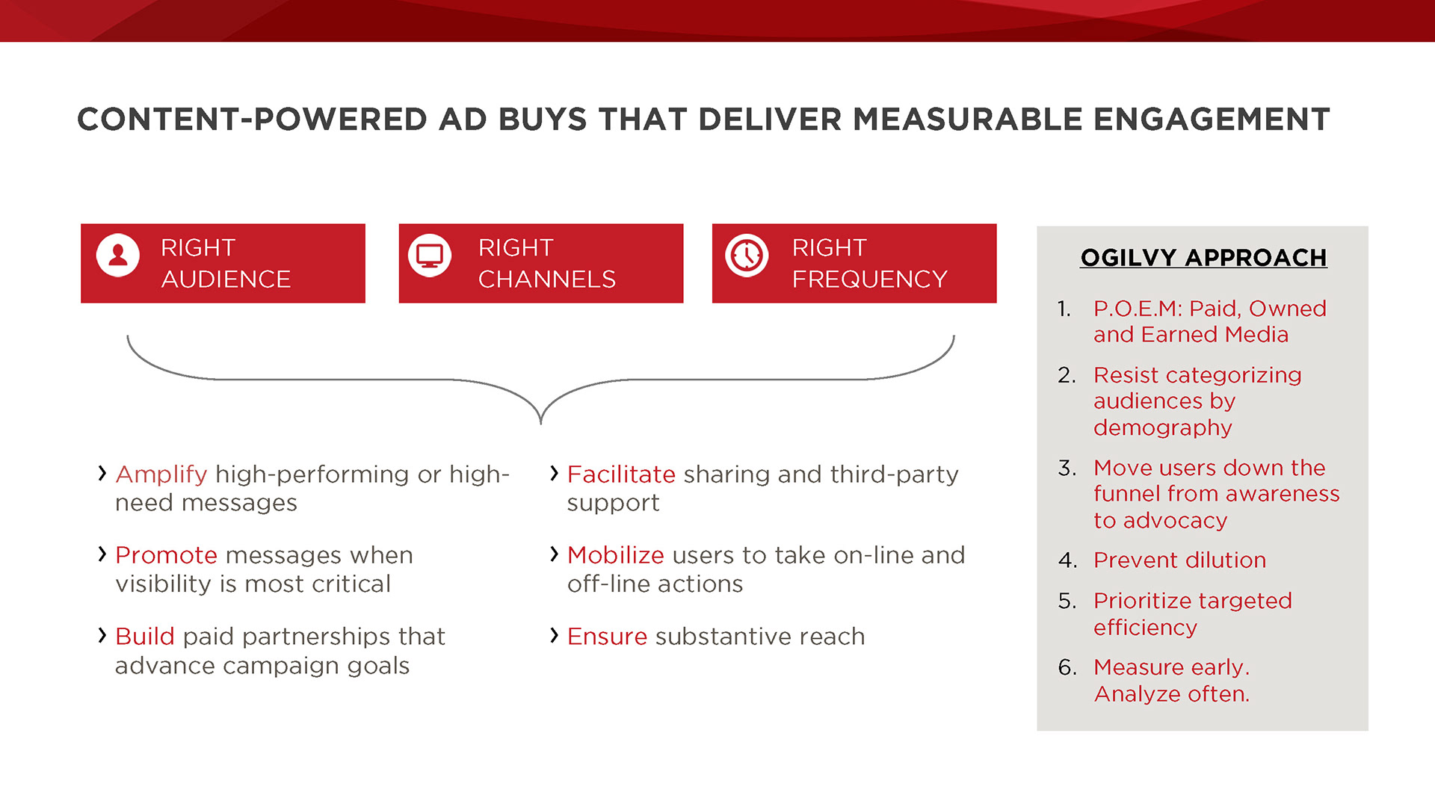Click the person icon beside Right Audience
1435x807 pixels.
pos(118,256)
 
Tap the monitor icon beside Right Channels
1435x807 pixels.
pos(430,256)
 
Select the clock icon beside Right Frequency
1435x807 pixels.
pos(747,256)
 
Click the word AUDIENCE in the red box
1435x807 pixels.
pos(226,279)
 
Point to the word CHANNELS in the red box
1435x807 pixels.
pos(547,279)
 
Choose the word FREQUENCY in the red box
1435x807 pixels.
pos(869,279)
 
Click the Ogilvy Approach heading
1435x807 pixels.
pos(1203,258)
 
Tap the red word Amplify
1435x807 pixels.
pos(161,474)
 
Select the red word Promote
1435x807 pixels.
pos(167,555)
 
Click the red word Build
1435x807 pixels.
pos(145,636)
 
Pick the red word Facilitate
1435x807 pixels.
pos(621,474)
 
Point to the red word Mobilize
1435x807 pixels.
pos(616,555)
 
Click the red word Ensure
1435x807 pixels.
pos(607,636)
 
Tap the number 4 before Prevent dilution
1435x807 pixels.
pos(1067,560)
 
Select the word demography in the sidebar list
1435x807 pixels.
pos(1163,428)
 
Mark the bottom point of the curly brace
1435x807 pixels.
pos(540,424)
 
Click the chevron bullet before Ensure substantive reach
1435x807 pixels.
pos(554,635)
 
